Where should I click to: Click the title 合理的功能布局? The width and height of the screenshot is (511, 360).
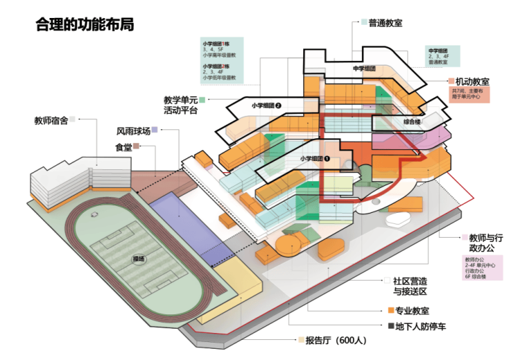click(85, 26)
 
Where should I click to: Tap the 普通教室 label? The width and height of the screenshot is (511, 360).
click(385, 23)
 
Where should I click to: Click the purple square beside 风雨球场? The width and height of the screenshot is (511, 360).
click(156, 130)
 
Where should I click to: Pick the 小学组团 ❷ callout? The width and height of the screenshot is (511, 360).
click(266, 105)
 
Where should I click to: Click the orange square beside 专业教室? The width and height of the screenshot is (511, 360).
click(390, 311)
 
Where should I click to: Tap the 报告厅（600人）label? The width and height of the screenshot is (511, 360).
click(335, 340)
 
